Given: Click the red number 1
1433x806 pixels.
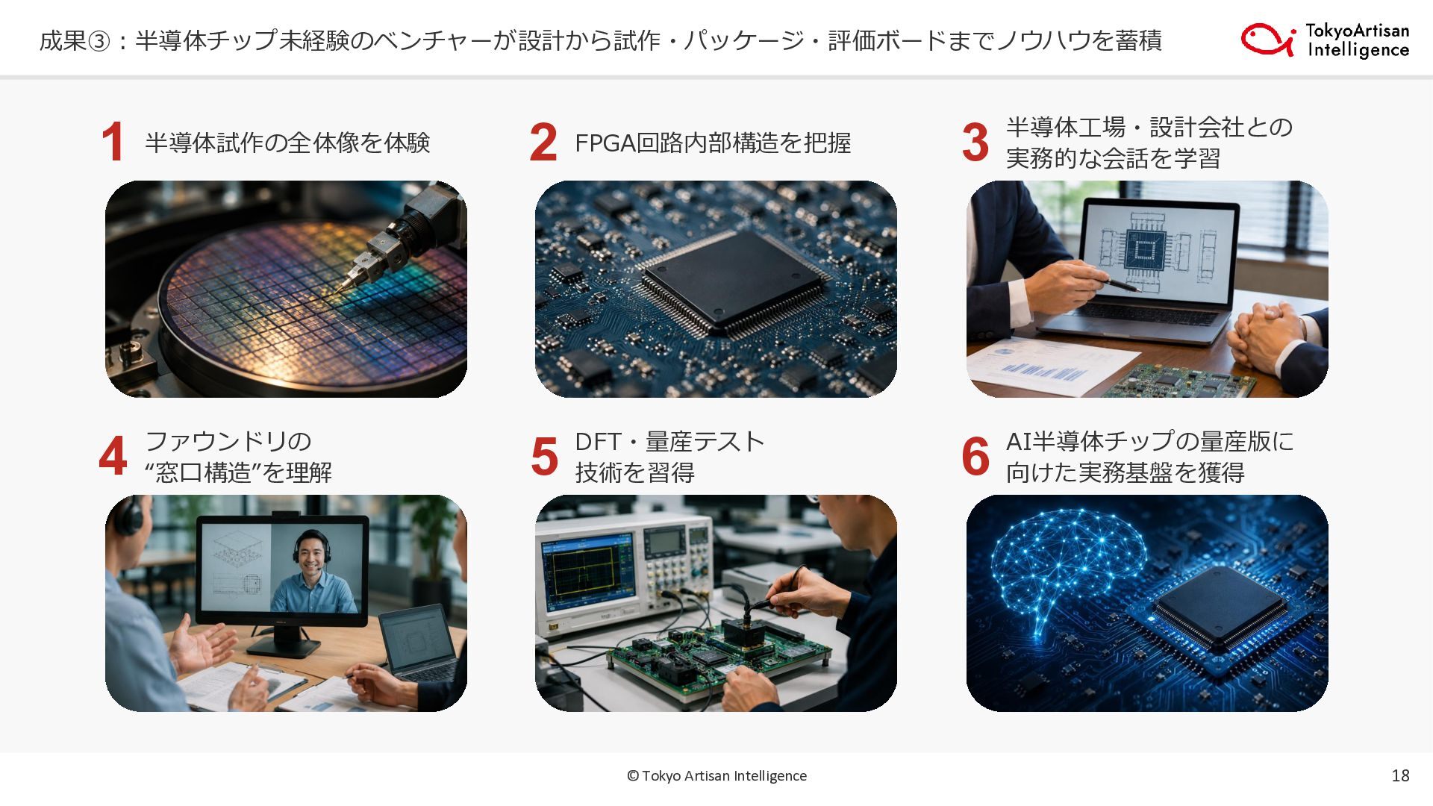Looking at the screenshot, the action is (113, 142).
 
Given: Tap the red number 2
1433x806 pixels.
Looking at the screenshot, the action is (543, 142).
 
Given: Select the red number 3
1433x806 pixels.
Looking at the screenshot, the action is (975, 142).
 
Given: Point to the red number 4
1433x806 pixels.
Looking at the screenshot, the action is (113, 456).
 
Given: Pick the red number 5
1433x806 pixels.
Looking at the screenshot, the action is (544, 456).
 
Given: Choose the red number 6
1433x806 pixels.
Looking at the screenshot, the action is (975, 456).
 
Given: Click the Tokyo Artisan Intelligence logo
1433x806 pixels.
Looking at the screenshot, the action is (1326, 40).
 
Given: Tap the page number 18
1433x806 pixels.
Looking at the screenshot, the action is (1400, 775).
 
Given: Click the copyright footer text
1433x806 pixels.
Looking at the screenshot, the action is (716, 775).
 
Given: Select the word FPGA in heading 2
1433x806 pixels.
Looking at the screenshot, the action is (605, 143).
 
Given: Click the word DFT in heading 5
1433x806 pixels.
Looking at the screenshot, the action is (598, 441).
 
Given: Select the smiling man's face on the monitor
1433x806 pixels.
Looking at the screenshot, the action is (313, 554).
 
